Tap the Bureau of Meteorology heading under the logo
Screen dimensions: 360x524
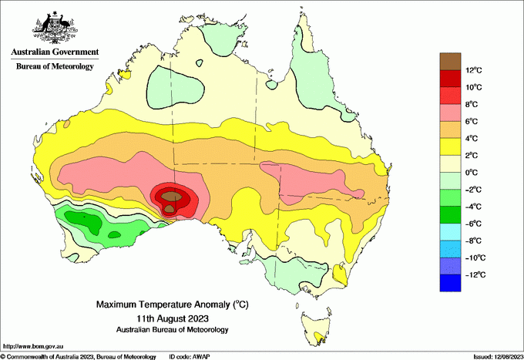tap(54, 66)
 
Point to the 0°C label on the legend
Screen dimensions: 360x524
tap(474, 173)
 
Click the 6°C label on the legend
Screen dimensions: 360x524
tap(474, 122)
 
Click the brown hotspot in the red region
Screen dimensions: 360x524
tap(175, 198)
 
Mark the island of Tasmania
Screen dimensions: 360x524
tap(318, 328)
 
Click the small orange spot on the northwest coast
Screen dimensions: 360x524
tap(67, 123)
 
